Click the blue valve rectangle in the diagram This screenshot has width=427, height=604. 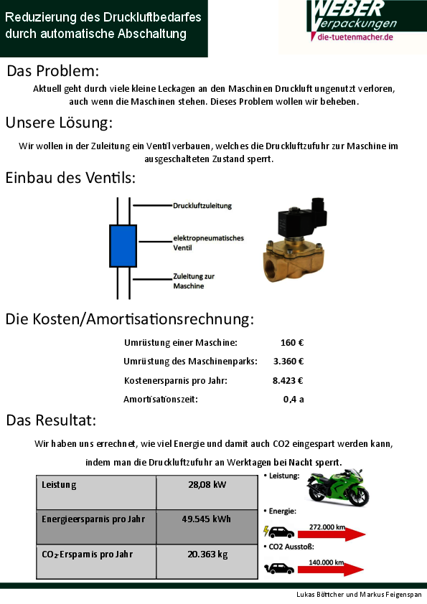(123, 246)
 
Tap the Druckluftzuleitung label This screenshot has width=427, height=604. (202, 206)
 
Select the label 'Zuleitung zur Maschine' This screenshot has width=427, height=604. (194, 280)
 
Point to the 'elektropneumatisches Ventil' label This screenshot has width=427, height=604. (209, 242)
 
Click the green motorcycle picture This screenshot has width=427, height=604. (338, 486)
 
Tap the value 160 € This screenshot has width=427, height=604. (292, 342)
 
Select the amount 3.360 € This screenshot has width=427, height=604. (288, 362)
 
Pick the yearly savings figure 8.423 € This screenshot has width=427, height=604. (288, 381)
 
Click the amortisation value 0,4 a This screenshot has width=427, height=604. (294, 399)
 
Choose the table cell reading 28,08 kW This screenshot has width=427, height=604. (207, 492)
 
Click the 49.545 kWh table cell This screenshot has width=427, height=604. (207, 527)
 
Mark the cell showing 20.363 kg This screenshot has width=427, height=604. (207, 561)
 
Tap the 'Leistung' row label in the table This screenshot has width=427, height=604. (59, 485)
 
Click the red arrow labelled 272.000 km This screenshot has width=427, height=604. (332, 534)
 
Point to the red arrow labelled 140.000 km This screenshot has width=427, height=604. (331, 570)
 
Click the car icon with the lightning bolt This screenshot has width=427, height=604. (279, 532)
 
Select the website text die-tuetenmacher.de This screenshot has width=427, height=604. (355, 37)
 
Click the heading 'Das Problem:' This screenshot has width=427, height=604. (53, 71)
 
